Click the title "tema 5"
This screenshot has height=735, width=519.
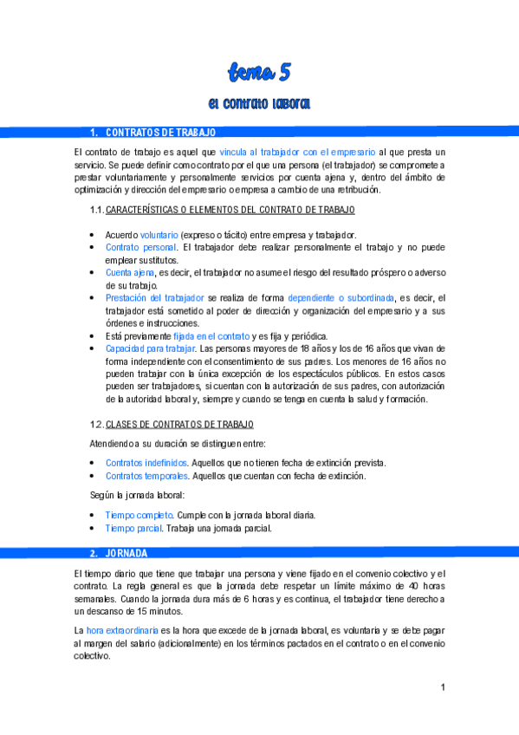point(259,71)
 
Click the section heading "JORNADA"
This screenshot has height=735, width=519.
point(127,553)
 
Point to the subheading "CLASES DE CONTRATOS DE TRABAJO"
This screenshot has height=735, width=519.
point(179,424)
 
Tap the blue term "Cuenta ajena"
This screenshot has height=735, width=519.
point(130,272)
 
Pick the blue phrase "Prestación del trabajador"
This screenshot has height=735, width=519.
point(155,297)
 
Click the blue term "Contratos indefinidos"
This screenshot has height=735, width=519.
point(146,463)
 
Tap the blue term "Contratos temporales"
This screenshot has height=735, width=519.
point(146,476)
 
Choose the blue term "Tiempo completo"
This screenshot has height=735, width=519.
point(139,515)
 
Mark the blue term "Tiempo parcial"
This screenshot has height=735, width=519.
point(133,528)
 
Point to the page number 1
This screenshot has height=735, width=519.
point(443,688)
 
